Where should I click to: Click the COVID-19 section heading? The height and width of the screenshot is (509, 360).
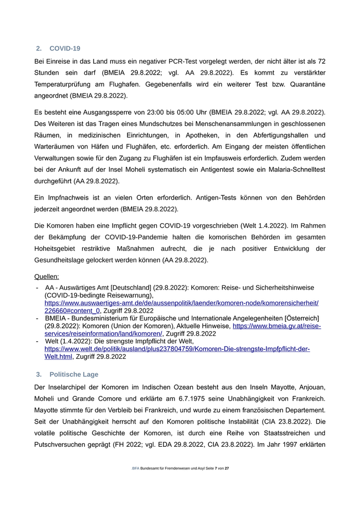tap(65, 48)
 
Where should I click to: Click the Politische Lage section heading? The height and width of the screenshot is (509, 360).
tap(74, 374)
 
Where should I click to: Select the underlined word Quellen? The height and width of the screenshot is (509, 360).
tap(46, 276)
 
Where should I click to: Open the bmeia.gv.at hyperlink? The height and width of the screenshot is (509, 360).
tap(277, 326)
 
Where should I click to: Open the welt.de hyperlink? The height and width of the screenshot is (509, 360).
tap(177, 349)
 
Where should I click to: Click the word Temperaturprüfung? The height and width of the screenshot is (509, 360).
tap(68, 84)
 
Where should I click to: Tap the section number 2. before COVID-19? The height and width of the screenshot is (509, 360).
tap(39, 48)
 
